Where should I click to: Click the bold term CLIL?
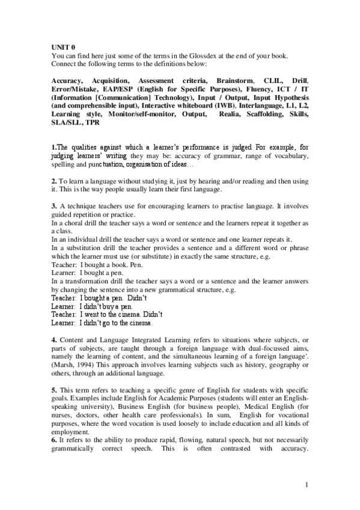click(x=272, y=80)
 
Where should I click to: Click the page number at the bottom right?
click(x=307, y=485)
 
